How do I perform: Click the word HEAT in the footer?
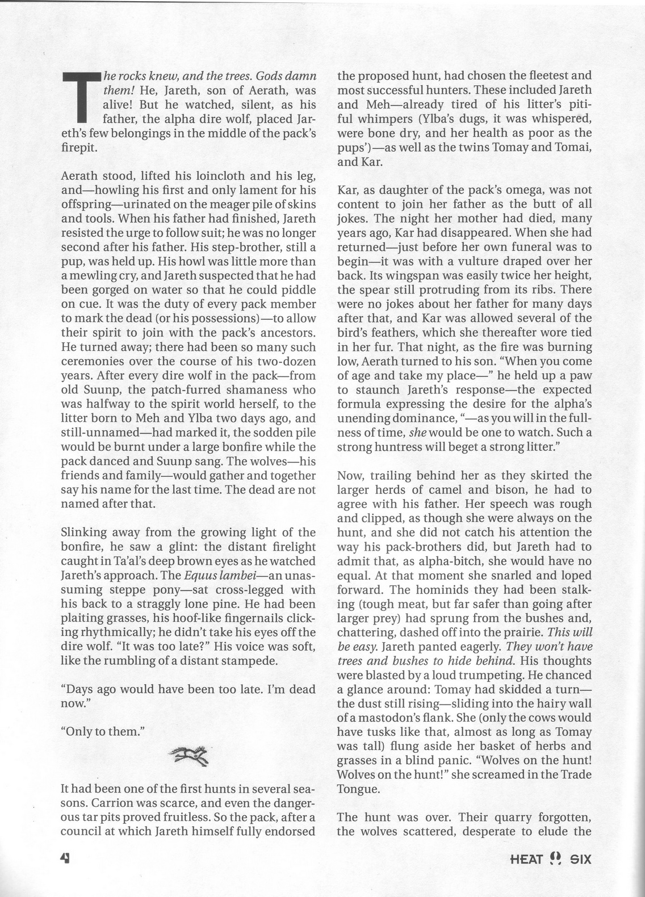527,859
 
